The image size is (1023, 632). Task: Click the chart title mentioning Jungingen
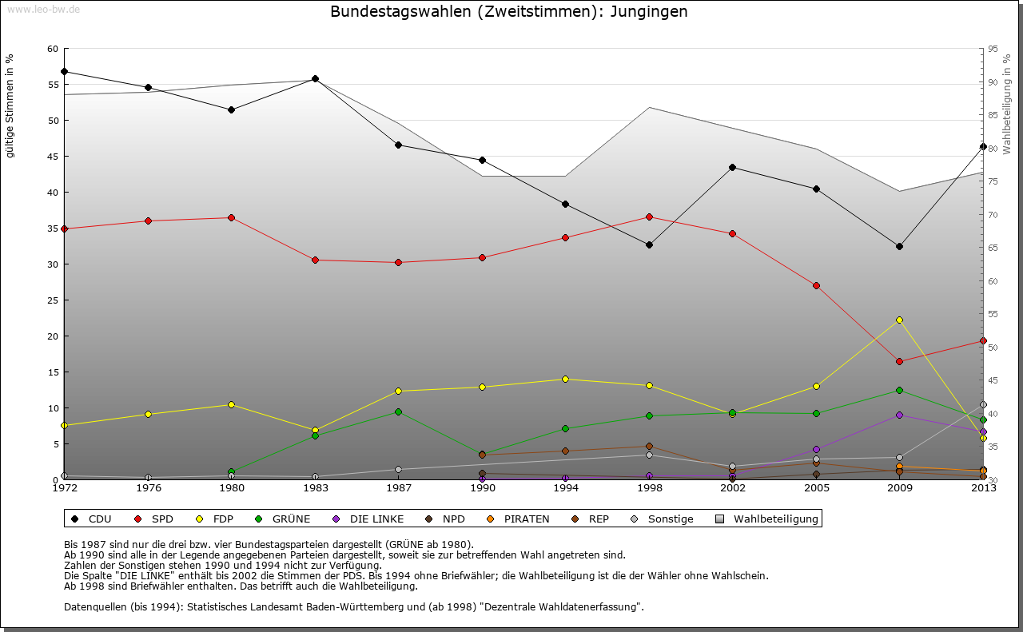(x=508, y=12)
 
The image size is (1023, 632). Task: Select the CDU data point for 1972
(x=64, y=71)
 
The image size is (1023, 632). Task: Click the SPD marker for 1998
(x=649, y=217)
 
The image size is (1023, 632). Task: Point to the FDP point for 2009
(x=900, y=320)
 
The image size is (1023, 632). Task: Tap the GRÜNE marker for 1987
(x=398, y=411)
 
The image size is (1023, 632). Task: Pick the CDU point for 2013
(x=983, y=146)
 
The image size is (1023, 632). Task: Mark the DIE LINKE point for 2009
(x=900, y=415)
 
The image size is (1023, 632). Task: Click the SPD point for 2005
(x=816, y=285)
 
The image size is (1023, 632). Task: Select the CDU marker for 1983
(x=315, y=78)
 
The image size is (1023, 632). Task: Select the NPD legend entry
(x=453, y=519)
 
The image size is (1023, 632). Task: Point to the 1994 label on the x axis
(x=565, y=487)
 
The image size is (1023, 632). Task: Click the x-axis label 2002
(x=732, y=487)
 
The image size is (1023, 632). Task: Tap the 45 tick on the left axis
(x=53, y=157)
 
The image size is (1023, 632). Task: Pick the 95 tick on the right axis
(x=993, y=49)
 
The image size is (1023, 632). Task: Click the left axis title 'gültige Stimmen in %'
(x=10, y=105)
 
